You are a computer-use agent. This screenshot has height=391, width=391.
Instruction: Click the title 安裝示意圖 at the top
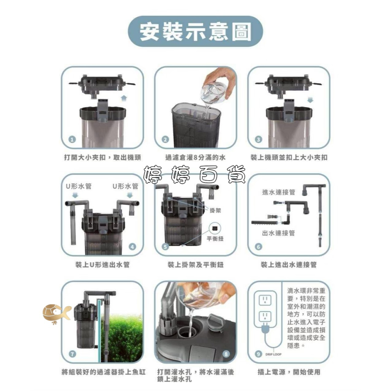(x=195, y=32)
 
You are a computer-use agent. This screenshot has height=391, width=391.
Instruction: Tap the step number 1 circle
(x=72, y=140)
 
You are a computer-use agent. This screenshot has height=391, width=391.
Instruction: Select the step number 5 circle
(x=165, y=247)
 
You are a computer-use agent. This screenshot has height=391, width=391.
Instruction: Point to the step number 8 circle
(x=226, y=354)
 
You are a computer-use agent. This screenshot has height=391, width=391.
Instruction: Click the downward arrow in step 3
(x=310, y=100)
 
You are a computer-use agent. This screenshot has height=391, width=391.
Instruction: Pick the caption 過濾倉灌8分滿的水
(x=195, y=158)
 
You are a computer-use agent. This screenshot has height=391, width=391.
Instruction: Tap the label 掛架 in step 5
(x=215, y=210)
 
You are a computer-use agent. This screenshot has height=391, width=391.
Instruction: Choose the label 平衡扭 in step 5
(x=215, y=239)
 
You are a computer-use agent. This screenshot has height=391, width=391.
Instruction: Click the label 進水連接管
(x=278, y=192)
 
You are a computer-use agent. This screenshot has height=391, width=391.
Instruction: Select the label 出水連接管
(x=278, y=233)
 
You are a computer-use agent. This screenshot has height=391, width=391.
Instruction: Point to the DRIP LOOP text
(x=273, y=354)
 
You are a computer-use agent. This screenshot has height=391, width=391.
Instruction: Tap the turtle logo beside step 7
(x=56, y=313)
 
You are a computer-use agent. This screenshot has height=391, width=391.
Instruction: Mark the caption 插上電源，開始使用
(x=289, y=372)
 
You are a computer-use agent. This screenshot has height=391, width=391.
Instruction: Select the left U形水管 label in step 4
(x=79, y=186)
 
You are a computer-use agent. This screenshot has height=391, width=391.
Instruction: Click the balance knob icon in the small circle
(x=215, y=228)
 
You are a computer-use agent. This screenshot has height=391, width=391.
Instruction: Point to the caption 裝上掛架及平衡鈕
(x=195, y=265)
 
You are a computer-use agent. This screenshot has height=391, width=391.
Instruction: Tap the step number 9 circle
(x=258, y=354)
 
